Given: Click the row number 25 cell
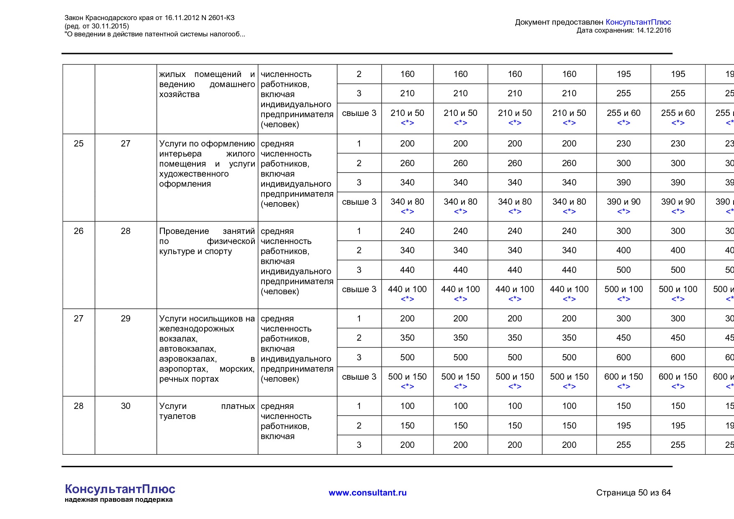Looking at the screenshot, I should coord(79,144).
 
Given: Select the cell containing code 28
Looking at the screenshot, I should coord(126,231).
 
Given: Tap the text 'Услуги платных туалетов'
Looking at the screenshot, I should coord(207,411).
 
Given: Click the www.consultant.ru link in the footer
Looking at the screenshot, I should coord(367,493).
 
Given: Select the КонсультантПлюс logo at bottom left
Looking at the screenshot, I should coord(120,489).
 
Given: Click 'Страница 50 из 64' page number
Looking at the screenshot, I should coord(633,493).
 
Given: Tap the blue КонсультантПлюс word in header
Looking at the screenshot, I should coord(638,22).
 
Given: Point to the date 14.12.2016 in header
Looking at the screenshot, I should coord(653,30).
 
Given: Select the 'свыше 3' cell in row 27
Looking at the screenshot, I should coord(359,377).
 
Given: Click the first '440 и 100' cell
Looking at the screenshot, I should coord(407,289).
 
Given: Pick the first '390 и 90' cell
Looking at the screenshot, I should coord(624,202).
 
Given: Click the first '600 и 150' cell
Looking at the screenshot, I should coord(624,377).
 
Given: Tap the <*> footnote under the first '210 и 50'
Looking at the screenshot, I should coord(407,123).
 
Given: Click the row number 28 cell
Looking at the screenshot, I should coord(79,406).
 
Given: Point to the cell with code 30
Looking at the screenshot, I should coord(126,406).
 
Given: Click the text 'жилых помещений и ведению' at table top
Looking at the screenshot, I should coord(207,79).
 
